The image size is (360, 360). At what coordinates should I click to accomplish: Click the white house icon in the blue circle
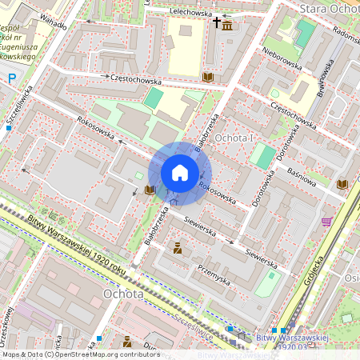[x=180, y=173]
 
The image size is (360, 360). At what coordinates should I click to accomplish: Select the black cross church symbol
[x=216, y=26]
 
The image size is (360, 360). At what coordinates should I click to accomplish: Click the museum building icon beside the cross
[x=228, y=26]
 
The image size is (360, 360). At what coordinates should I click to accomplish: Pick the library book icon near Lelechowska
[x=208, y=77]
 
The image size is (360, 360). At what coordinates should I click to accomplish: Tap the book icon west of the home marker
[x=150, y=190]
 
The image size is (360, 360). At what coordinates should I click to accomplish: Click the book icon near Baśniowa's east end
[x=343, y=184]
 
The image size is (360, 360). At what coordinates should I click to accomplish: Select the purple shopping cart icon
[x=326, y=222]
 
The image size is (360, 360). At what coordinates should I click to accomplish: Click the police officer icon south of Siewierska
[x=177, y=250]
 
